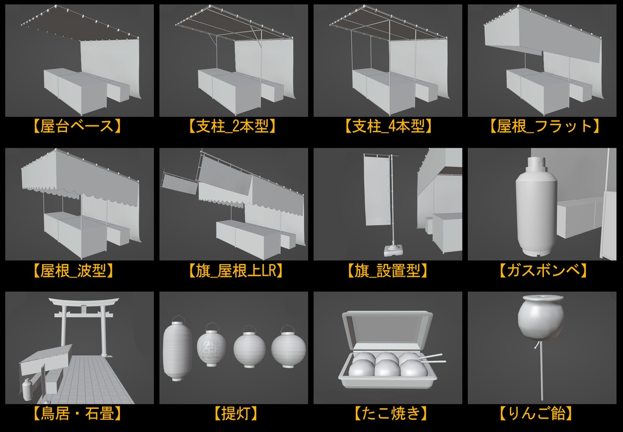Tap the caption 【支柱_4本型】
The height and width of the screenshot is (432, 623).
click(387, 127)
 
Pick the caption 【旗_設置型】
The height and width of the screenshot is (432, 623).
click(387, 271)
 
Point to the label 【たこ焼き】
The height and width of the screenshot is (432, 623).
click(387, 415)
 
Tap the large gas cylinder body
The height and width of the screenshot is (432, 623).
click(535, 210)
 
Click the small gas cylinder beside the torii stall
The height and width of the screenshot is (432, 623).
click(27, 390)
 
